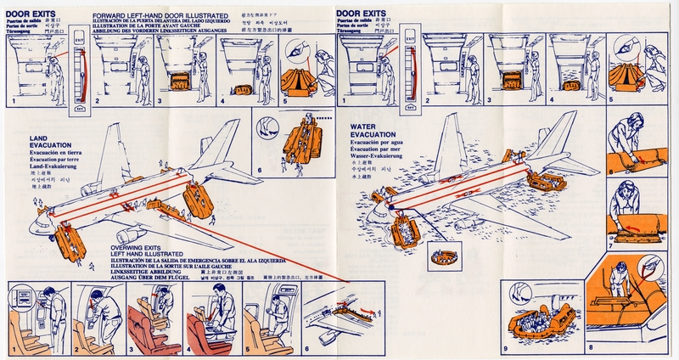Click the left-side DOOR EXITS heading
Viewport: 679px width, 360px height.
(x=31, y=14)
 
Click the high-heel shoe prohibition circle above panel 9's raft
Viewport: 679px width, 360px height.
(x=519, y=292)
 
